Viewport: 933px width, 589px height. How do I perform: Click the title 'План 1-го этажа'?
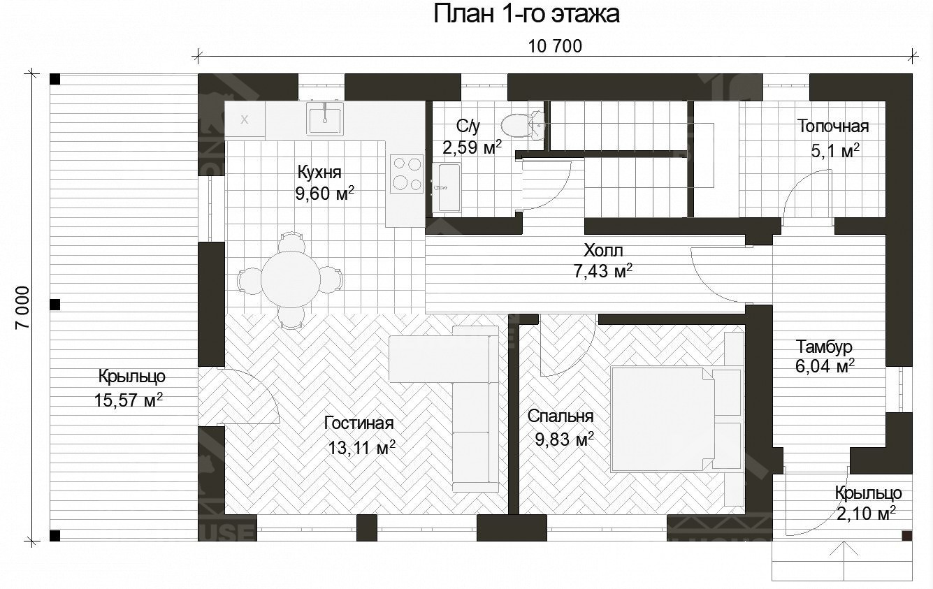[x=526, y=14]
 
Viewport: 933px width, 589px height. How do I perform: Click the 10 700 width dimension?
[x=556, y=46]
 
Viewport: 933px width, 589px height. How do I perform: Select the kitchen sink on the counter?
[x=324, y=117]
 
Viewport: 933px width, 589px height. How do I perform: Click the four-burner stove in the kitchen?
[x=406, y=173]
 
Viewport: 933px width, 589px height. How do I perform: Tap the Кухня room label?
[x=319, y=173]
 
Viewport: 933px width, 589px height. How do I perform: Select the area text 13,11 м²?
[x=361, y=448]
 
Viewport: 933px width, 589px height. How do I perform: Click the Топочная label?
[x=833, y=126]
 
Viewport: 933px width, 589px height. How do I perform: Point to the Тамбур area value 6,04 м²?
[x=825, y=365]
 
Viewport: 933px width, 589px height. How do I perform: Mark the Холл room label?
[x=602, y=250]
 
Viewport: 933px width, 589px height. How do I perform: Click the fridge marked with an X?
[x=245, y=119]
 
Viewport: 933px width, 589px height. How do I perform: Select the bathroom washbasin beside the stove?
[x=446, y=187]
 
